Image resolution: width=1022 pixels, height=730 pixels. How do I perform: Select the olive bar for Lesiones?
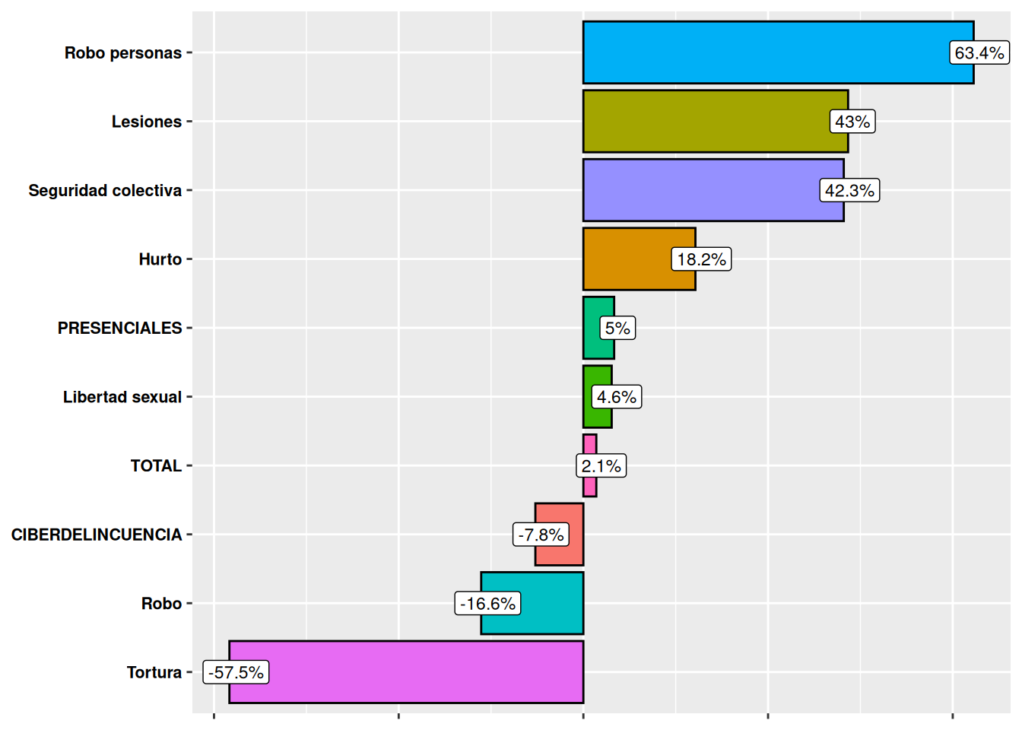point(707,121)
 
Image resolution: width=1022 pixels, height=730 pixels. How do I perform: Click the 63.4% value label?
point(979,52)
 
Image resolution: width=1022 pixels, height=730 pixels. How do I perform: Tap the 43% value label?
point(852,122)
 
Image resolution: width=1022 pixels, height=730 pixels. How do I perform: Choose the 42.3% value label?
point(849,190)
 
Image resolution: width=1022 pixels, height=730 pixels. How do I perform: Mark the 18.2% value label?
point(701,259)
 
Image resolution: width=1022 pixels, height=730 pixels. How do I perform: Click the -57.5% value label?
point(236,672)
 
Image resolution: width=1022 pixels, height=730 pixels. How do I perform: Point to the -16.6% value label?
point(487,604)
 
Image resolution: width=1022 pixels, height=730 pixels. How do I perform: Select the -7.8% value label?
point(541,535)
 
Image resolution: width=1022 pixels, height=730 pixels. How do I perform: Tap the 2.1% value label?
point(601,465)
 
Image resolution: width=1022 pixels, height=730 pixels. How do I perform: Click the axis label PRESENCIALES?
point(119,328)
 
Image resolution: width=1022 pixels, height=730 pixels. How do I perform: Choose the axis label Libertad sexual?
point(122,397)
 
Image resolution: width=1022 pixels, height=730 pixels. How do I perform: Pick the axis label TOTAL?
point(156,465)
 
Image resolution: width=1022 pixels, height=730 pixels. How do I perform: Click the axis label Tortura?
point(154,672)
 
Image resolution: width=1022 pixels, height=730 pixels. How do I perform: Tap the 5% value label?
point(617,328)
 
